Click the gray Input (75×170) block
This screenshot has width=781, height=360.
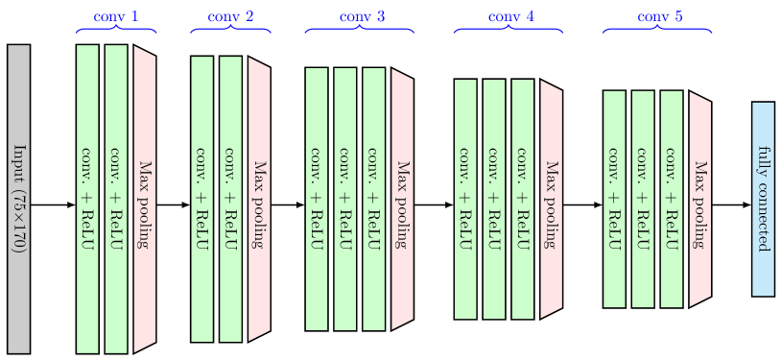(x=18, y=198)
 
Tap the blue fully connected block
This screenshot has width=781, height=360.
(x=763, y=199)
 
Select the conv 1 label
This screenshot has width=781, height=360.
(x=116, y=16)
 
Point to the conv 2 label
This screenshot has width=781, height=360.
(x=231, y=16)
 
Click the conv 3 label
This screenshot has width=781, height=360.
(x=362, y=16)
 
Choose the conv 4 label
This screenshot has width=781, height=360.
(x=511, y=16)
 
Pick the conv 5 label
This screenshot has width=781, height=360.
(x=661, y=16)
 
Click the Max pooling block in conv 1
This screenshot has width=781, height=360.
(x=145, y=199)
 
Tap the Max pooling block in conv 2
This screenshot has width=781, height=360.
(x=259, y=199)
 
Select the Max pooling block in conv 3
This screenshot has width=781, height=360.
(x=403, y=199)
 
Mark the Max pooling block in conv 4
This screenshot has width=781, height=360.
(x=551, y=199)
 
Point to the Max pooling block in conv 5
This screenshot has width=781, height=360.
(x=699, y=199)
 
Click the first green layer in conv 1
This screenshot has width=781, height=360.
(x=87, y=199)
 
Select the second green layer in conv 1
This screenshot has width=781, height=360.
(x=116, y=199)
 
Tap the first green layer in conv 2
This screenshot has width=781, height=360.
(x=201, y=199)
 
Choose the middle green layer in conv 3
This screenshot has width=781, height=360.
(x=345, y=199)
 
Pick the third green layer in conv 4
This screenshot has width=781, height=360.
(x=522, y=199)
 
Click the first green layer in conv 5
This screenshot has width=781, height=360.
(x=614, y=199)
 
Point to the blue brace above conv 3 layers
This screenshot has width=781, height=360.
(x=360, y=31)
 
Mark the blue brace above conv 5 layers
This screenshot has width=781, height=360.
(x=657, y=31)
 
